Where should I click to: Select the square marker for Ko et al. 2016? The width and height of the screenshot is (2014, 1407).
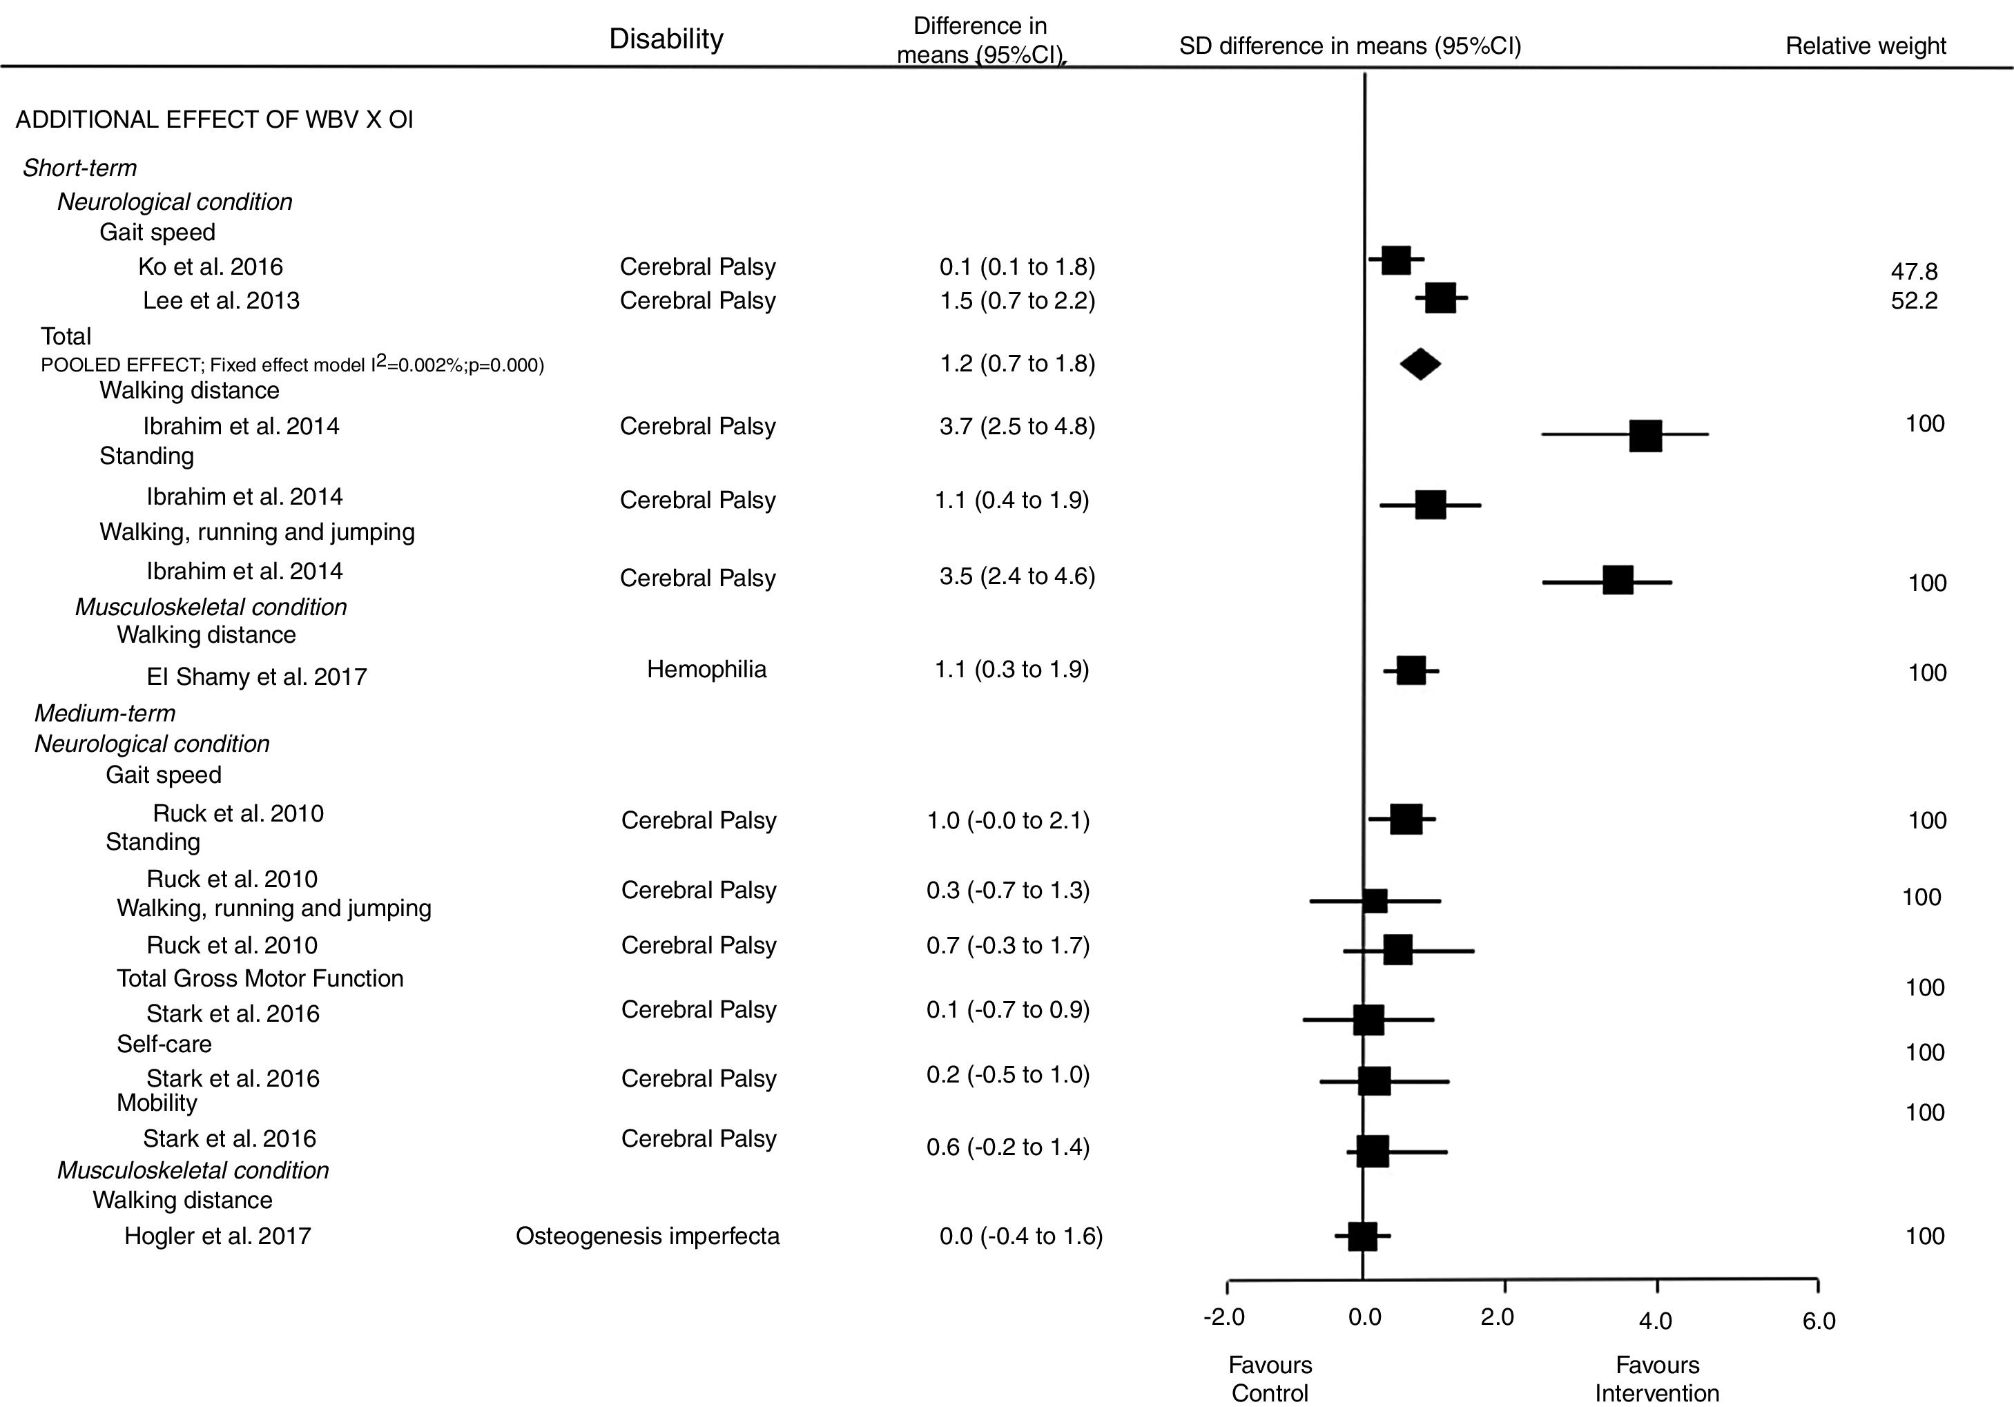click(1395, 260)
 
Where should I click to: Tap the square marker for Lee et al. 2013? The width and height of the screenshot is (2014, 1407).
click(1440, 298)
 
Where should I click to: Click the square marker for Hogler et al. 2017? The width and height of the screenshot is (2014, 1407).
click(1362, 1236)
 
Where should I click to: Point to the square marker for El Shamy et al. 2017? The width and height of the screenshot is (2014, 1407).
click(1411, 671)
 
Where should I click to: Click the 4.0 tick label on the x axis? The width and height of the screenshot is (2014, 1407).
click(1655, 1320)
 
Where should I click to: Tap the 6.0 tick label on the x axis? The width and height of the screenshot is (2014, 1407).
click(1819, 1321)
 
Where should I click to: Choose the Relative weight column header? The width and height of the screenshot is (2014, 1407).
click(1866, 46)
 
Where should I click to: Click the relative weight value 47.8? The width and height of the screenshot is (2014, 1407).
click(1914, 272)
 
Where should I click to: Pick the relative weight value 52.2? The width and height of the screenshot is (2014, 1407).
click(1914, 301)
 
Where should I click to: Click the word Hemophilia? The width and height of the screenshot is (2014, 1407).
click(706, 669)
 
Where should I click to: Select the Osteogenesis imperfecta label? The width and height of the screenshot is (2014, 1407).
click(648, 1236)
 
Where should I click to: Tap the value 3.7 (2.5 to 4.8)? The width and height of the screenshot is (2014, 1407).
click(1016, 426)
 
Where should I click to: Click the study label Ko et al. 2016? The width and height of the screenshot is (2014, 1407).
click(211, 266)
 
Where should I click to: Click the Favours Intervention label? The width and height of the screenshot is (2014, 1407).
click(1656, 1378)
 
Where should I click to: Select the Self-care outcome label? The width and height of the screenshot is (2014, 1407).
click(164, 1044)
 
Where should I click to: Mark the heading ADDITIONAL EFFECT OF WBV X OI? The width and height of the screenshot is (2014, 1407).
click(214, 119)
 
